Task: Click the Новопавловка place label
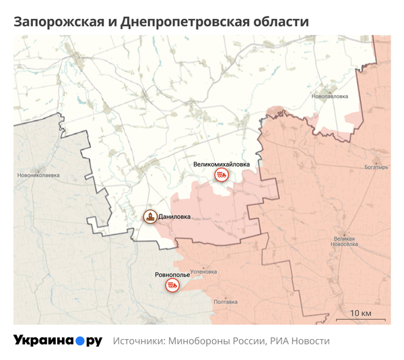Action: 330,96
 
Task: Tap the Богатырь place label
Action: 376,167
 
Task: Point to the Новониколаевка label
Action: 39,175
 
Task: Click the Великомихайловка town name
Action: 221,163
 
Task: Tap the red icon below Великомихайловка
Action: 221,175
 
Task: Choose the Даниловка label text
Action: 174,217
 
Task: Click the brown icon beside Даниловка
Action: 150,216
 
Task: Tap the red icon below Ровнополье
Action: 173,287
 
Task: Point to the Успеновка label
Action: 203,272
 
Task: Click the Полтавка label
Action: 225,301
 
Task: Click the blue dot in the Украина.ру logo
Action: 79,341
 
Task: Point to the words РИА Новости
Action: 300,341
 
